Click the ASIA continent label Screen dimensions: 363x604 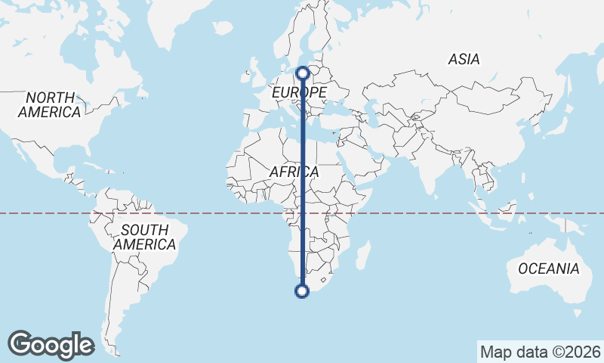tap(464, 59)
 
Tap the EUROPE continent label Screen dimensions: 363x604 tap(299, 92)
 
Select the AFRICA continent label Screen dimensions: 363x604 tap(294, 172)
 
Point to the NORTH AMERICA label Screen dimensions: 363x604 tap(50, 104)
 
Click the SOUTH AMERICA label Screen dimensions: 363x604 tap(144, 237)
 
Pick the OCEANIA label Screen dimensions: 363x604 tap(548, 268)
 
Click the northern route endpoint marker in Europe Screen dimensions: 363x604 tap(303, 73)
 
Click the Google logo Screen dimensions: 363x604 tap(51, 345)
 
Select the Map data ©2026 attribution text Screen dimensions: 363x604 tap(540, 352)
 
